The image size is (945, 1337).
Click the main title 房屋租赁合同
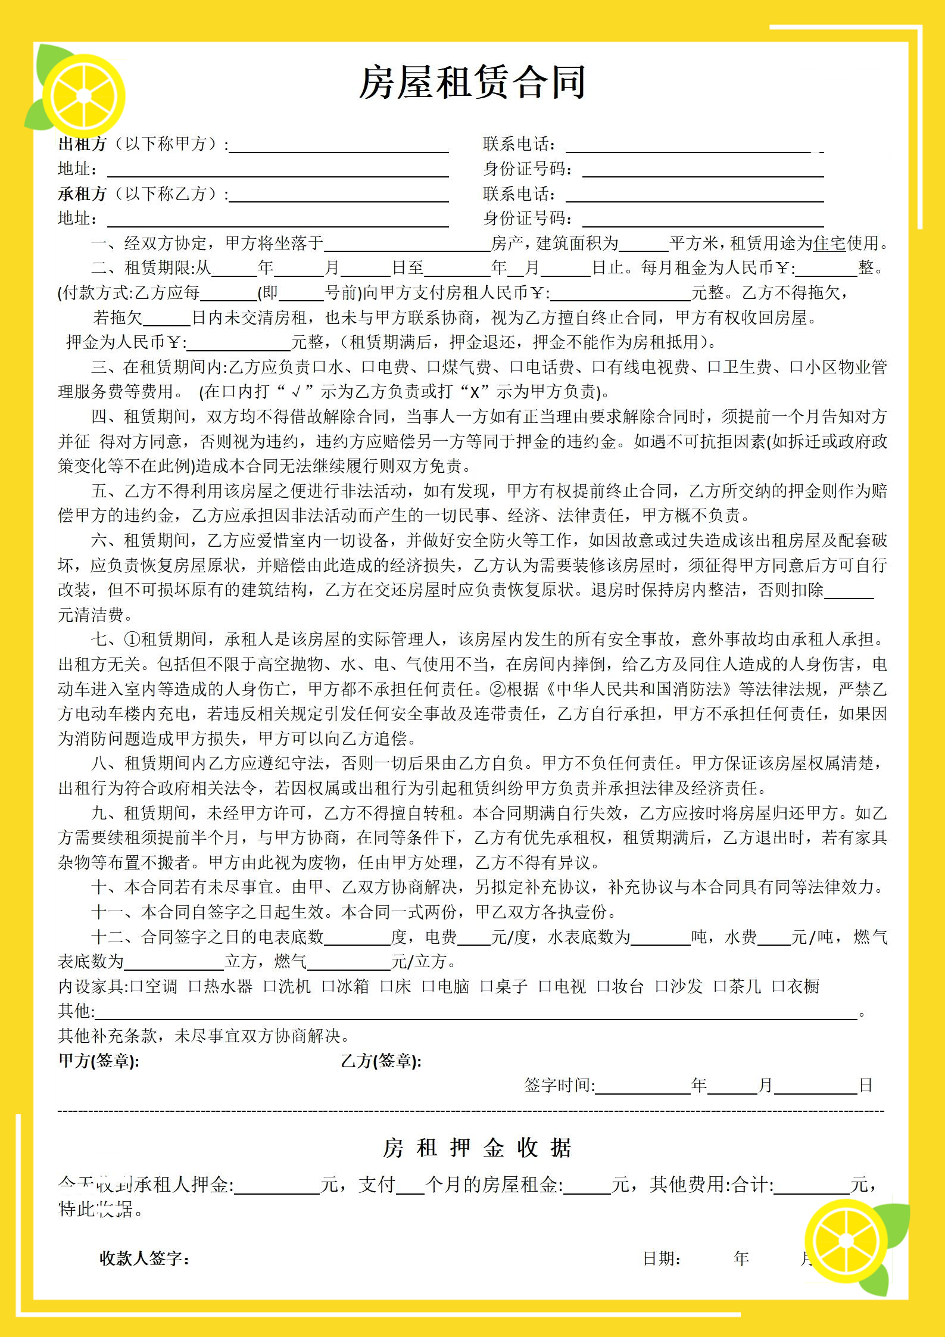[x=472, y=82]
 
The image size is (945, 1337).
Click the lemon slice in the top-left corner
[x=83, y=95]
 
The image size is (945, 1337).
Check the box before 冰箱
[x=328, y=987]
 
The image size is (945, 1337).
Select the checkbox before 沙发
[x=661, y=987]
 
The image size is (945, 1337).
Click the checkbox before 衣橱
[x=778, y=987]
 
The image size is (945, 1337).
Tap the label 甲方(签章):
[x=99, y=1061]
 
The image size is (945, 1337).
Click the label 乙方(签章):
[x=381, y=1061]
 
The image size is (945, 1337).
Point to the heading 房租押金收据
[x=476, y=1148]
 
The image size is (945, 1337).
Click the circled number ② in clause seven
[x=497, y=689]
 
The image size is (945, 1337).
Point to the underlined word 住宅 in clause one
[x=829, y=244]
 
